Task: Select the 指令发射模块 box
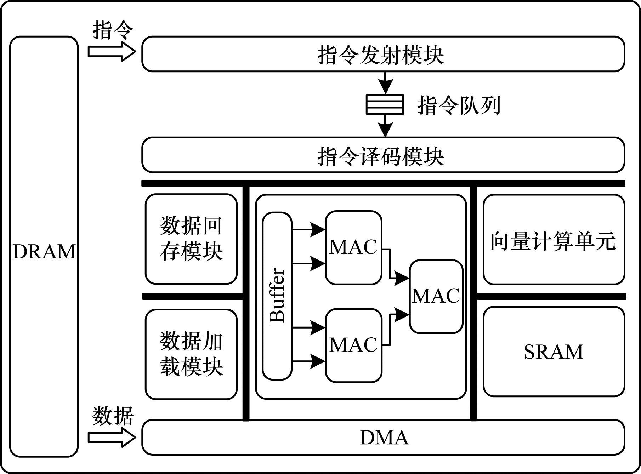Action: point(383,54)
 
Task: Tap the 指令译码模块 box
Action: point(383,155)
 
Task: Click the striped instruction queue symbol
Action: point(385,104)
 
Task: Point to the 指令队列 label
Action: point(459,105)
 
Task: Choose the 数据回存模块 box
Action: point(191,239)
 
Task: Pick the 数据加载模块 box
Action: point(191,354)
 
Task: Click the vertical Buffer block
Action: point(277,296)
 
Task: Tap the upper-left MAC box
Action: point(354,247)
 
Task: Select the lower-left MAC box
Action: point(354,345)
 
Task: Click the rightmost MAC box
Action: point(436,296)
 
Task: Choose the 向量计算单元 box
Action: point(554,240)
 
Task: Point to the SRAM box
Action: point(554,351)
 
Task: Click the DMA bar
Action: point(383,437)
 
